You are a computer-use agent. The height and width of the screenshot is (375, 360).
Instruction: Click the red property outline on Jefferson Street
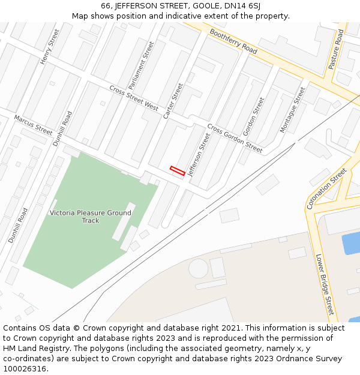point(177,170)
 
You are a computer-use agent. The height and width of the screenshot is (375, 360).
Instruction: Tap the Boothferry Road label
point(233,41)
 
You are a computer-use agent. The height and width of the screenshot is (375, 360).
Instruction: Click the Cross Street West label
point(134,97)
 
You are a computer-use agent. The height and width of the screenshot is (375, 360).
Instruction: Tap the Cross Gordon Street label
point(235,138)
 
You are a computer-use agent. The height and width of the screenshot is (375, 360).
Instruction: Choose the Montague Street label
point(293,109)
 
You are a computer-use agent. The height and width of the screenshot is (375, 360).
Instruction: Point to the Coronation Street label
point(326,188)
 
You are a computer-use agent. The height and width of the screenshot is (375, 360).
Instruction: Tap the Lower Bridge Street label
point(324,285)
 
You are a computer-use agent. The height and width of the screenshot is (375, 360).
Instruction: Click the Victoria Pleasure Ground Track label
point(90,217)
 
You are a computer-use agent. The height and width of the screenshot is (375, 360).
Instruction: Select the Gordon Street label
point(253,116)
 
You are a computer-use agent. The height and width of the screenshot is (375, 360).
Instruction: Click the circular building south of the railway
point(198,268)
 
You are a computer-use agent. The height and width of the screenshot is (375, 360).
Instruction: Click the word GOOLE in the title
point(203,5)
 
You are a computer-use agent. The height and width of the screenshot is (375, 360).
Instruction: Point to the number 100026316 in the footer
point(25,368)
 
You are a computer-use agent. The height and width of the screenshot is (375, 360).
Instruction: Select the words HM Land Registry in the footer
point(34,348)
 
